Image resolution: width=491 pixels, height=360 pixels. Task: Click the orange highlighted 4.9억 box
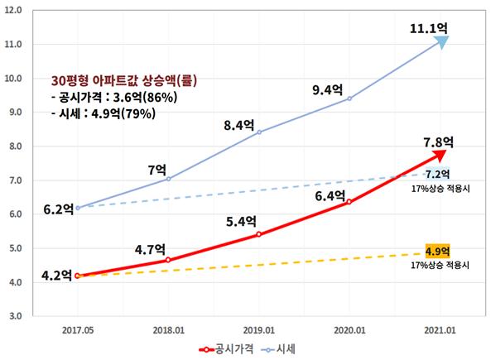436,251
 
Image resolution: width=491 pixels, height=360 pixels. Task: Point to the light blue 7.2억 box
437,175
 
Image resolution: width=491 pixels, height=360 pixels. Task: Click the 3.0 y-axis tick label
36,316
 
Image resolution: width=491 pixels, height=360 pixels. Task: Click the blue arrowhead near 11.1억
443,42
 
